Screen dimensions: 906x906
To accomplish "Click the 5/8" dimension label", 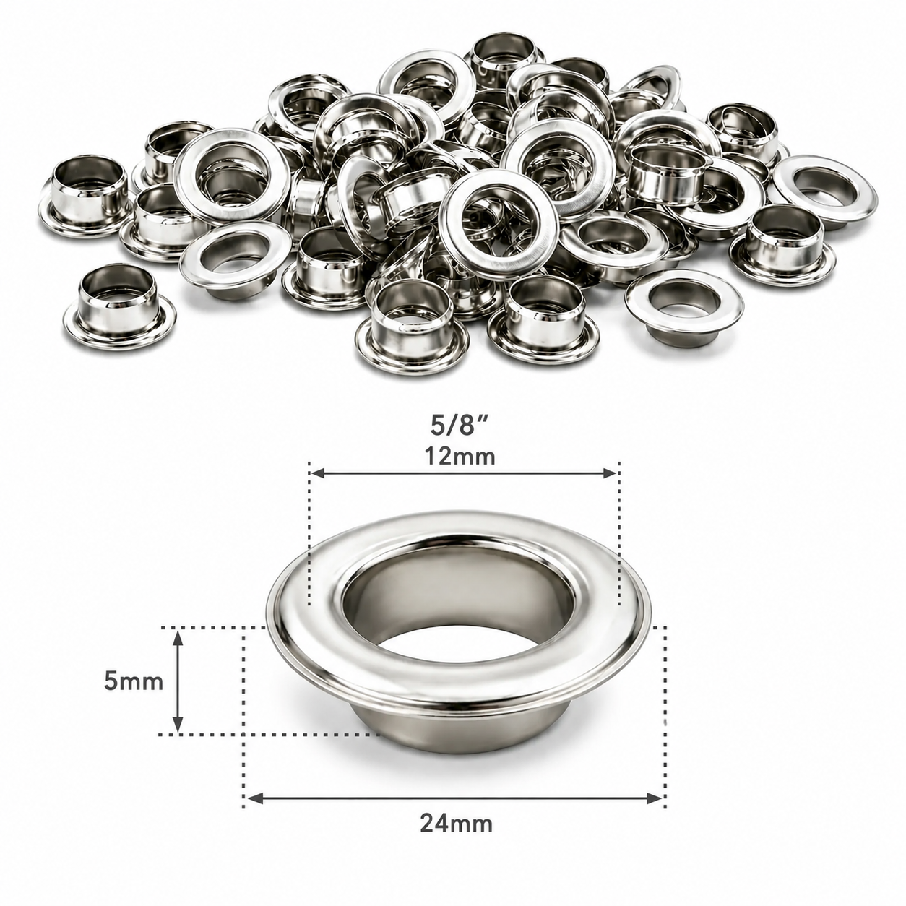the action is pyautogui.click(x=460, y=426).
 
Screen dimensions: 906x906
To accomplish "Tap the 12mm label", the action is pyautogui.click(x=461, y=457).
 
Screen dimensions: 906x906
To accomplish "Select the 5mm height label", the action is pyautogui.click(x=134, y=682).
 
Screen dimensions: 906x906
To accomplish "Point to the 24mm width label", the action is pyautogui.click(x=457, y=837).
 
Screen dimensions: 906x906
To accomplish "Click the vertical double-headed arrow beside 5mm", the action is pyautogui.click(x=178, y=682).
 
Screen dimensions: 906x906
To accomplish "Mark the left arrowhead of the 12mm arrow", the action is pyautogui.click(x=317, y=473).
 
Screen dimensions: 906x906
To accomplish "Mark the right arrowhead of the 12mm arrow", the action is pyautogui.click(x=609, y=473).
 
